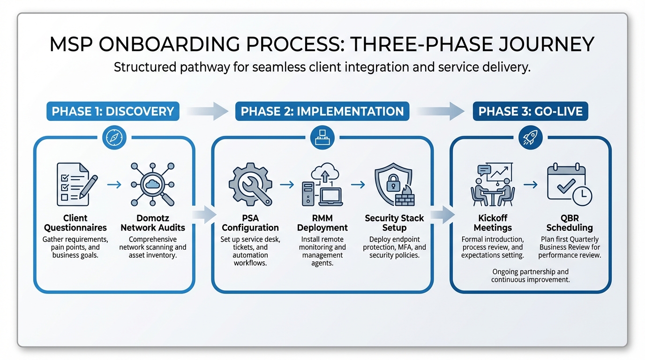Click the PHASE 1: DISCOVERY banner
click(113, 112)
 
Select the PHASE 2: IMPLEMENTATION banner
click(322, 112)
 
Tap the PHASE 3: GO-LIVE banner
click(530, 112)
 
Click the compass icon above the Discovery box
click(114, 137)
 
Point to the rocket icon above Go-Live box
click(531, 137)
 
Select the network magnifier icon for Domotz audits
click(152, 184)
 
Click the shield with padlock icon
click(394, 185)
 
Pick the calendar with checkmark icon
click(569, 184)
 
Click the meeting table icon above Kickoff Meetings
click(492, 184)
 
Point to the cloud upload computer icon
click(322, 185)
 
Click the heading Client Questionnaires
click(75, 223)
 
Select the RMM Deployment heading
click(322, 223)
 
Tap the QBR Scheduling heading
click(569, 223)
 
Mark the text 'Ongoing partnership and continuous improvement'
click(530, 276)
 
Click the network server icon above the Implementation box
click(322, 137)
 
